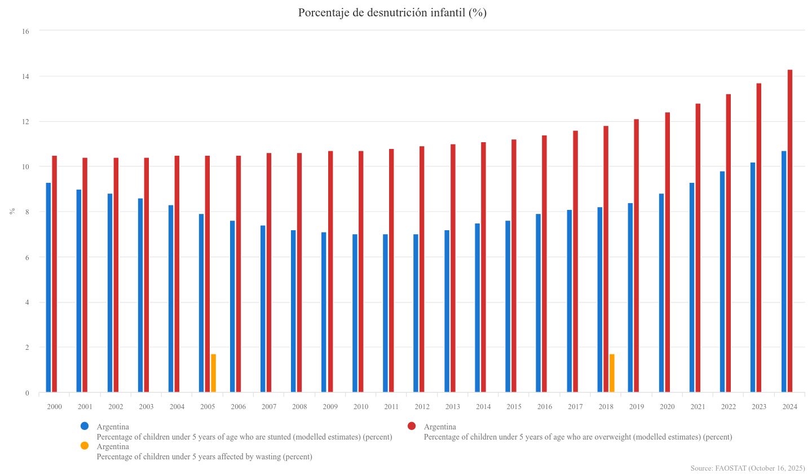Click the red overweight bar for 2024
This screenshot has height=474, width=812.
[790, 231]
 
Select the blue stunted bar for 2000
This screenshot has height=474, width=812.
[48, 288]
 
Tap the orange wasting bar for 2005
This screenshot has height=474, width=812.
[213, 374]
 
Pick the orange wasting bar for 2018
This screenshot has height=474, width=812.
[612, 374]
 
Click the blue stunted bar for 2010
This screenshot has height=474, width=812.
[355, 313]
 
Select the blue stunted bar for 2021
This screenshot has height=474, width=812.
[692, 288]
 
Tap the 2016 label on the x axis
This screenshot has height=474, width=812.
[544, 407]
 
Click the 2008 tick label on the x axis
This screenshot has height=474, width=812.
[299, 407]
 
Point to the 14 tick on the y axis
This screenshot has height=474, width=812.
[25, 76]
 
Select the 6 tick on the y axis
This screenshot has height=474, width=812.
[25, 257]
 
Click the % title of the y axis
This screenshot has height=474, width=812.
[12, 212]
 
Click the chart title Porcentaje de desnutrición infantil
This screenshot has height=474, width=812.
[392, 13]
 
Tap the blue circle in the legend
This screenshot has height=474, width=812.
[85, 426]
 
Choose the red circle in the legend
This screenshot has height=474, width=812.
[412, 426]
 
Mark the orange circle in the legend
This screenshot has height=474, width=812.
[85, 446]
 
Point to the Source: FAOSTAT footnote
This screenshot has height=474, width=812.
[747, 468]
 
